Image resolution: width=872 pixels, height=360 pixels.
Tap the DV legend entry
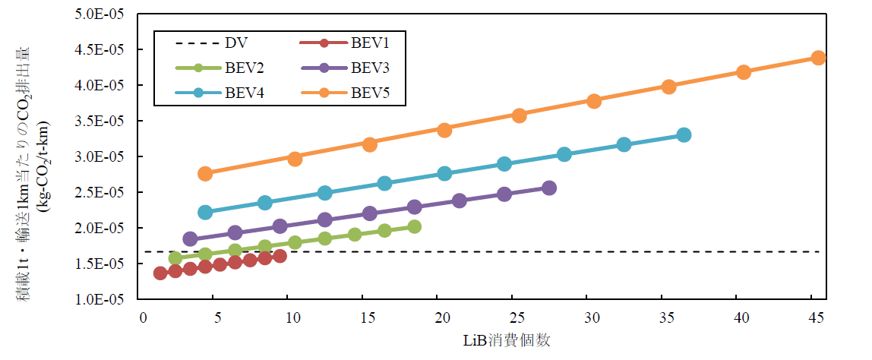click(220, 43)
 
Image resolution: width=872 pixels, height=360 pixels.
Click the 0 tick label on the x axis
click(142, 317)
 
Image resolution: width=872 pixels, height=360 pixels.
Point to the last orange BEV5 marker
click(818, 58)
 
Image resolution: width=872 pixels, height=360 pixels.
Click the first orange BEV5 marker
click(205, 174)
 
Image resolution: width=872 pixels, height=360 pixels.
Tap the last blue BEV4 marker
click(684, 135)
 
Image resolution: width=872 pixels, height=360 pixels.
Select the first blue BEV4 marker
click(205, 212)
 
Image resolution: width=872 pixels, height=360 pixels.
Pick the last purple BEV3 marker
click(549, 188)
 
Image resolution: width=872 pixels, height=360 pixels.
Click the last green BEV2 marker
click(414, 226)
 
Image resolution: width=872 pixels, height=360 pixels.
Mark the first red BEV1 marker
click(160, 273)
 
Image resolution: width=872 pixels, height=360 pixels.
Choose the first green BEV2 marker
click(175, 258)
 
